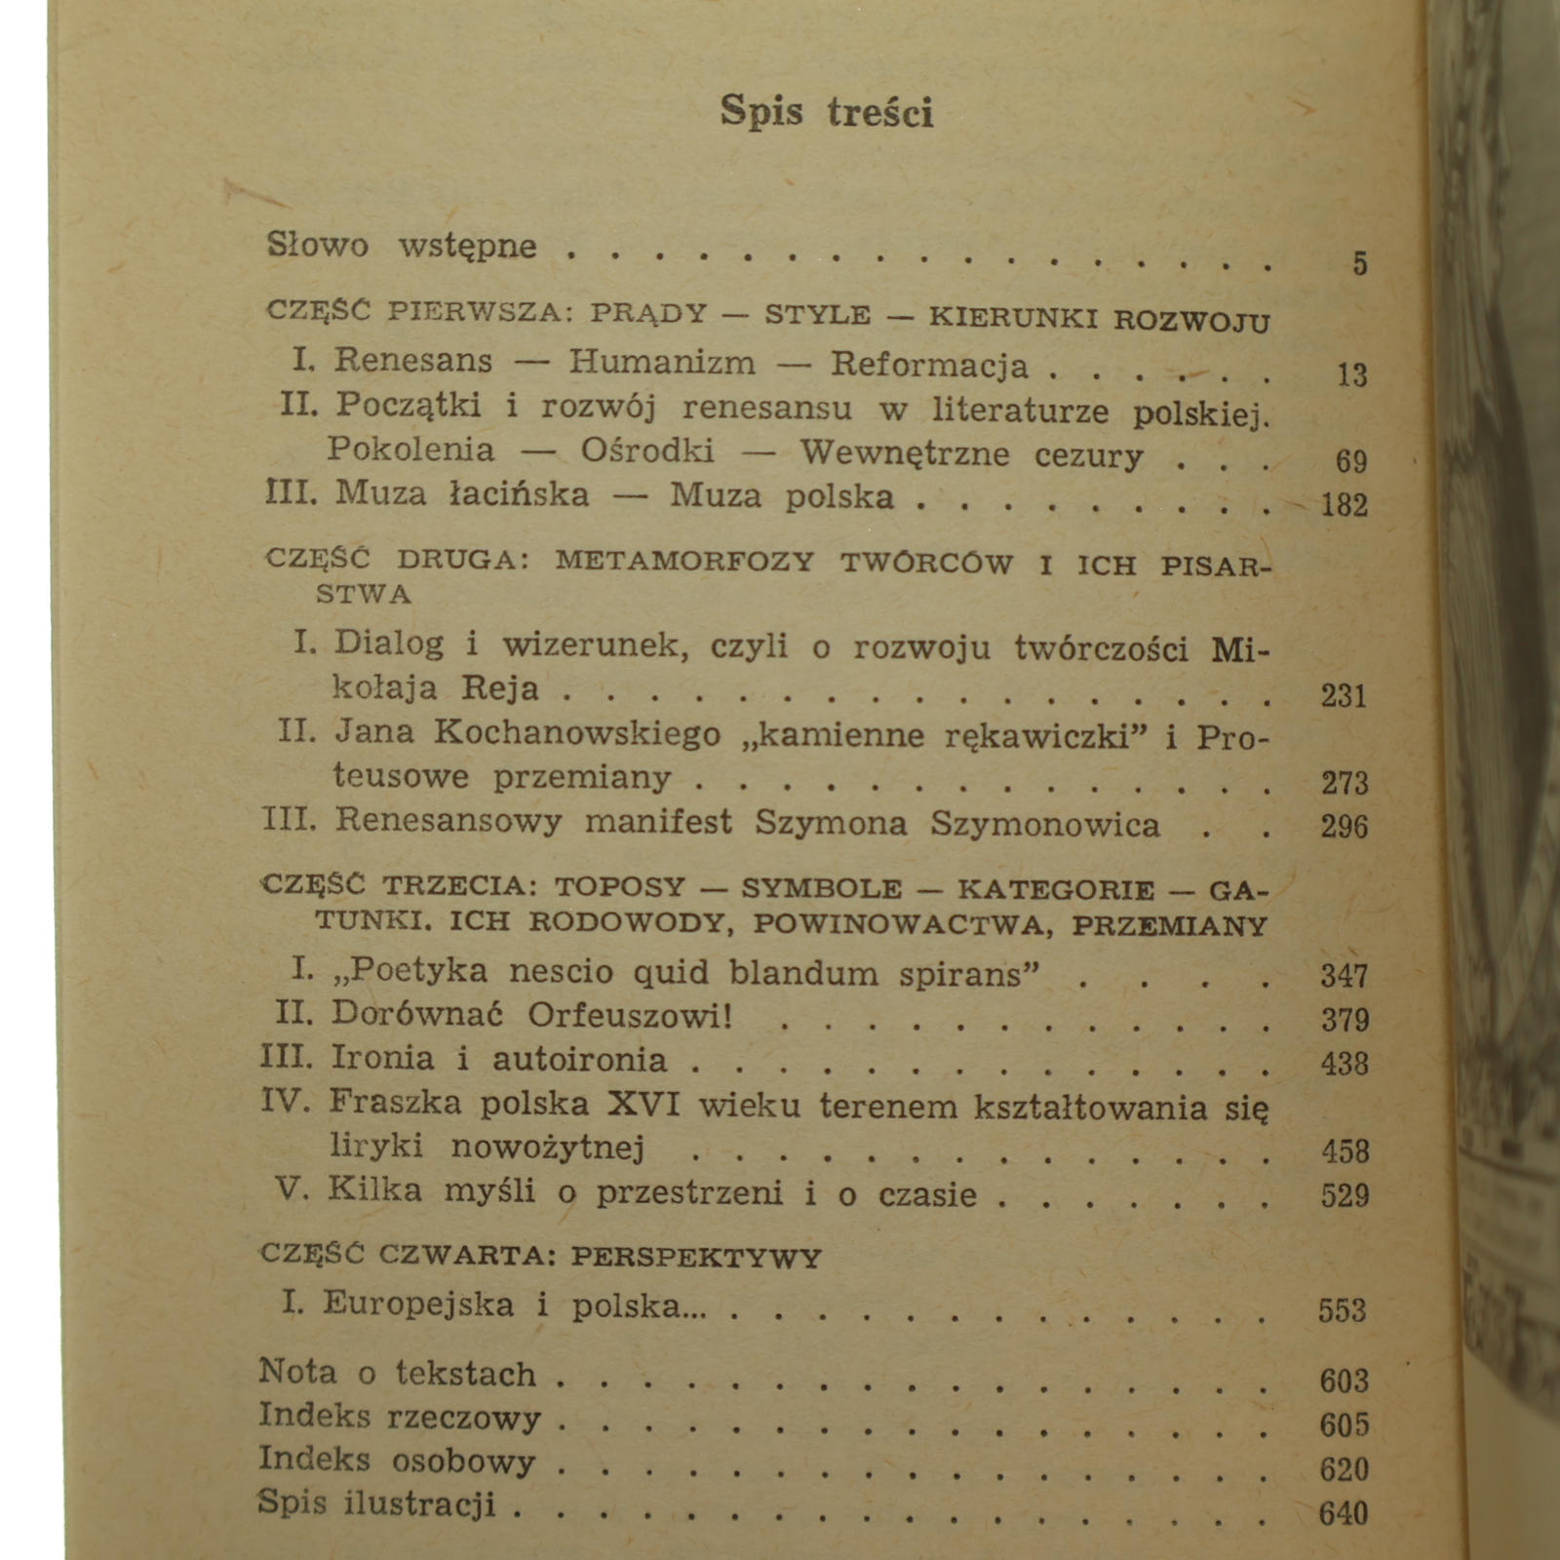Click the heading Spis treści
(827, 111)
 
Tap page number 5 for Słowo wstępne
(1359, 263)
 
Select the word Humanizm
(662, 363)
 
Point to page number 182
(1344, 504)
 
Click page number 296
(1345, 827)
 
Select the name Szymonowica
(1045, 825)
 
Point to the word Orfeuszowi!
(629, 1016)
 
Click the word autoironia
(579, 1060)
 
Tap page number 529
(1345, 1195)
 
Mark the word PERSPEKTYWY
(696, 1257)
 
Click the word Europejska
(418, 1305)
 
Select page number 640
(1344, 1513)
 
